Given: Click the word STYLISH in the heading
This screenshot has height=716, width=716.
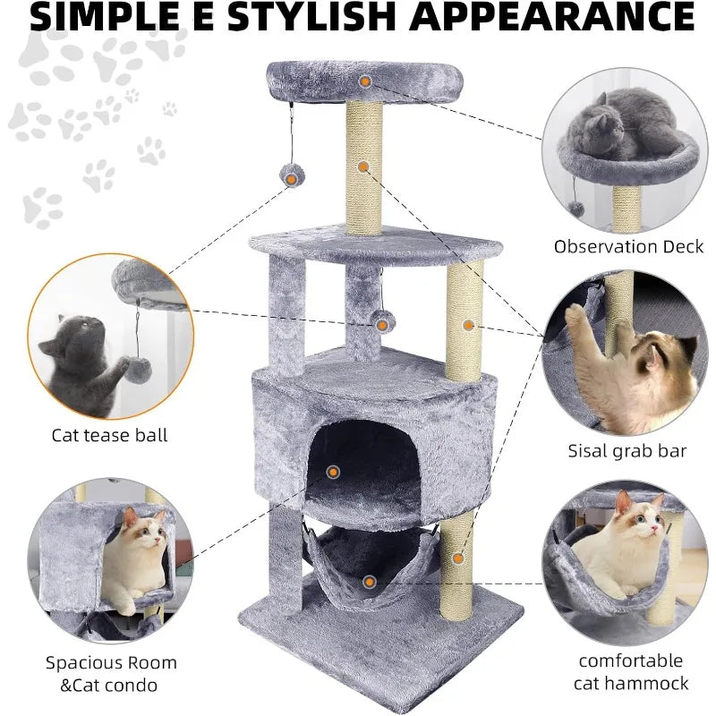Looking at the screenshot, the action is (x=311, y=16).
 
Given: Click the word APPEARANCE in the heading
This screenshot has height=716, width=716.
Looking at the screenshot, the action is (x=551, y=16).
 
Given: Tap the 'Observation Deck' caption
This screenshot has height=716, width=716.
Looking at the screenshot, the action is (x=629, y=247).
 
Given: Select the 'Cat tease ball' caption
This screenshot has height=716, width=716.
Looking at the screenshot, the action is (x=109, y=435).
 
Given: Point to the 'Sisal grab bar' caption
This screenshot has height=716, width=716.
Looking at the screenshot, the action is (x=627, y=451).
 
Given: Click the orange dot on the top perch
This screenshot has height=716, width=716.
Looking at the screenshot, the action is (x=365, y=81).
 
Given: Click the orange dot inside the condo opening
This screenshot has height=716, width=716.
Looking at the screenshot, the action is (x=333, y=473).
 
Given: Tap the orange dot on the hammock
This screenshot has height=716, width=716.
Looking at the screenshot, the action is (x=370, y=582).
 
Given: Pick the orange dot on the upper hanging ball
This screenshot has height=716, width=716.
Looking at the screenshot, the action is (x=291, y=179).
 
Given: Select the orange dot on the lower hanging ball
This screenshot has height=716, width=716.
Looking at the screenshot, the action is (x=382, y=325).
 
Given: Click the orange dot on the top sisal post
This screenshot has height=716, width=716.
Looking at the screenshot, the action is (x=363, y=166).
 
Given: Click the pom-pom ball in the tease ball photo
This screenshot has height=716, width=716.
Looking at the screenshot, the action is (x=139, y=371).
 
